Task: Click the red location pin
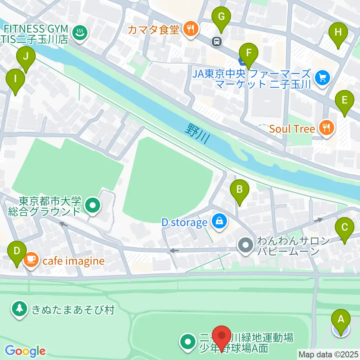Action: (223, 336)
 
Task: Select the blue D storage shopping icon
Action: (219, 221)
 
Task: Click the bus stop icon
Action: (217, 41)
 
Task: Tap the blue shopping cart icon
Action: (322, 78)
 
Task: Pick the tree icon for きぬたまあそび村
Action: (19, 309)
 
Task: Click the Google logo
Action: (25, 351)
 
